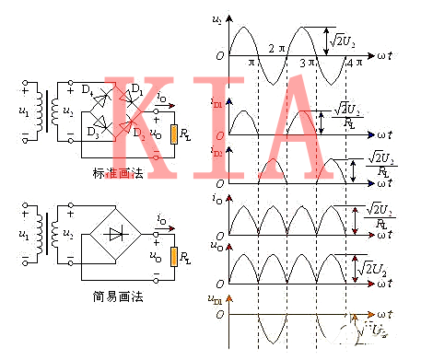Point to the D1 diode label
(x=134, y=87)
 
